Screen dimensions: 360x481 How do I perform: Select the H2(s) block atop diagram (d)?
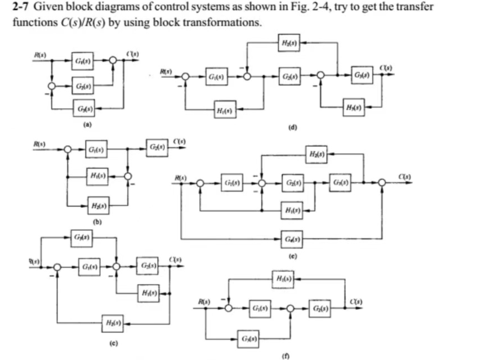289,43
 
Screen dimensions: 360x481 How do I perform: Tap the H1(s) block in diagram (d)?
225,110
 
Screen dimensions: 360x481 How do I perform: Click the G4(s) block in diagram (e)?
292,239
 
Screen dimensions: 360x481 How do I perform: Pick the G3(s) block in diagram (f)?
248,339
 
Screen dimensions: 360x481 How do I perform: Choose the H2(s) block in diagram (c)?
113,323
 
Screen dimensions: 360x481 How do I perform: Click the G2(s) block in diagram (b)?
157,148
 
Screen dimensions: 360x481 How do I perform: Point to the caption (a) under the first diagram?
88,124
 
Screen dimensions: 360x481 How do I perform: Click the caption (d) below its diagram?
292,128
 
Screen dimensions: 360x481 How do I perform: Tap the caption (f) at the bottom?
285,356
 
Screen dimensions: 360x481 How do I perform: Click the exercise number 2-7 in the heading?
20,6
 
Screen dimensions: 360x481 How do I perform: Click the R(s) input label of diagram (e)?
181,177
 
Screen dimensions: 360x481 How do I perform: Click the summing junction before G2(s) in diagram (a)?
52,86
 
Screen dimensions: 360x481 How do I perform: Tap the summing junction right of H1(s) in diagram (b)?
128,176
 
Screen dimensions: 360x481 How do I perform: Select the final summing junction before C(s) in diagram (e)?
382,183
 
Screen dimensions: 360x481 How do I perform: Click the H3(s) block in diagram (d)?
354,107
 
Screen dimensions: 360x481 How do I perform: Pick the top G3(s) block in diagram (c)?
81,238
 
